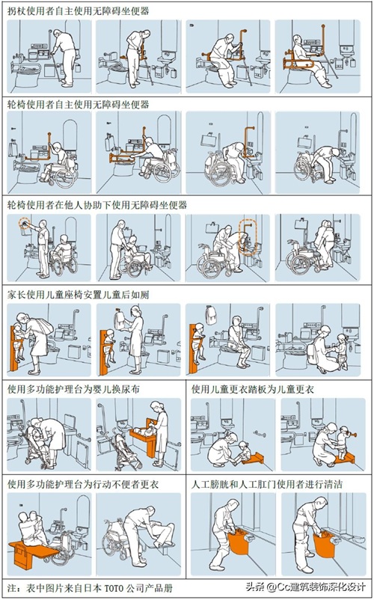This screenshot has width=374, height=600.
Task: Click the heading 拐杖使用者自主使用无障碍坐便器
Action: pyautogui.click(x=79, y=11)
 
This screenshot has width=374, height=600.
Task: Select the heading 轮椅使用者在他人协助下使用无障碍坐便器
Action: pyautogui.click(x=97, y=205)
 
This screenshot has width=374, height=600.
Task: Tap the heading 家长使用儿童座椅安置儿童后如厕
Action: pyautogui.click(x=79, y=295)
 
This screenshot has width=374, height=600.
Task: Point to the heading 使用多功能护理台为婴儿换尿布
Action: pyautogui.click(x=73, y=389)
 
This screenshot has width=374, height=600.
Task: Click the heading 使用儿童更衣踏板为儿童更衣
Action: pyautogui.click(x=253, y=389)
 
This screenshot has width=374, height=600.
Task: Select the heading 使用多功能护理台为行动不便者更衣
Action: pyautogui.click(x=83, y=484)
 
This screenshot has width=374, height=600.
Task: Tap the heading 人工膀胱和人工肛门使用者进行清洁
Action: pyautogui.click(x=267, y=484)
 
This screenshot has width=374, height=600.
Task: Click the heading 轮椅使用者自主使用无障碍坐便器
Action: pyautogui.click(x=79, y=105)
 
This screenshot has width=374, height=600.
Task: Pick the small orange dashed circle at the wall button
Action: pyautogui.click(x=25, y=224)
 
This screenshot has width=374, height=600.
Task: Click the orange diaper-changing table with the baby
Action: pyautogui.click(x=144, y=437)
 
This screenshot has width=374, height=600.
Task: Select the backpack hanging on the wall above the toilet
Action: pyautogui.click(x=210, y=314)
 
